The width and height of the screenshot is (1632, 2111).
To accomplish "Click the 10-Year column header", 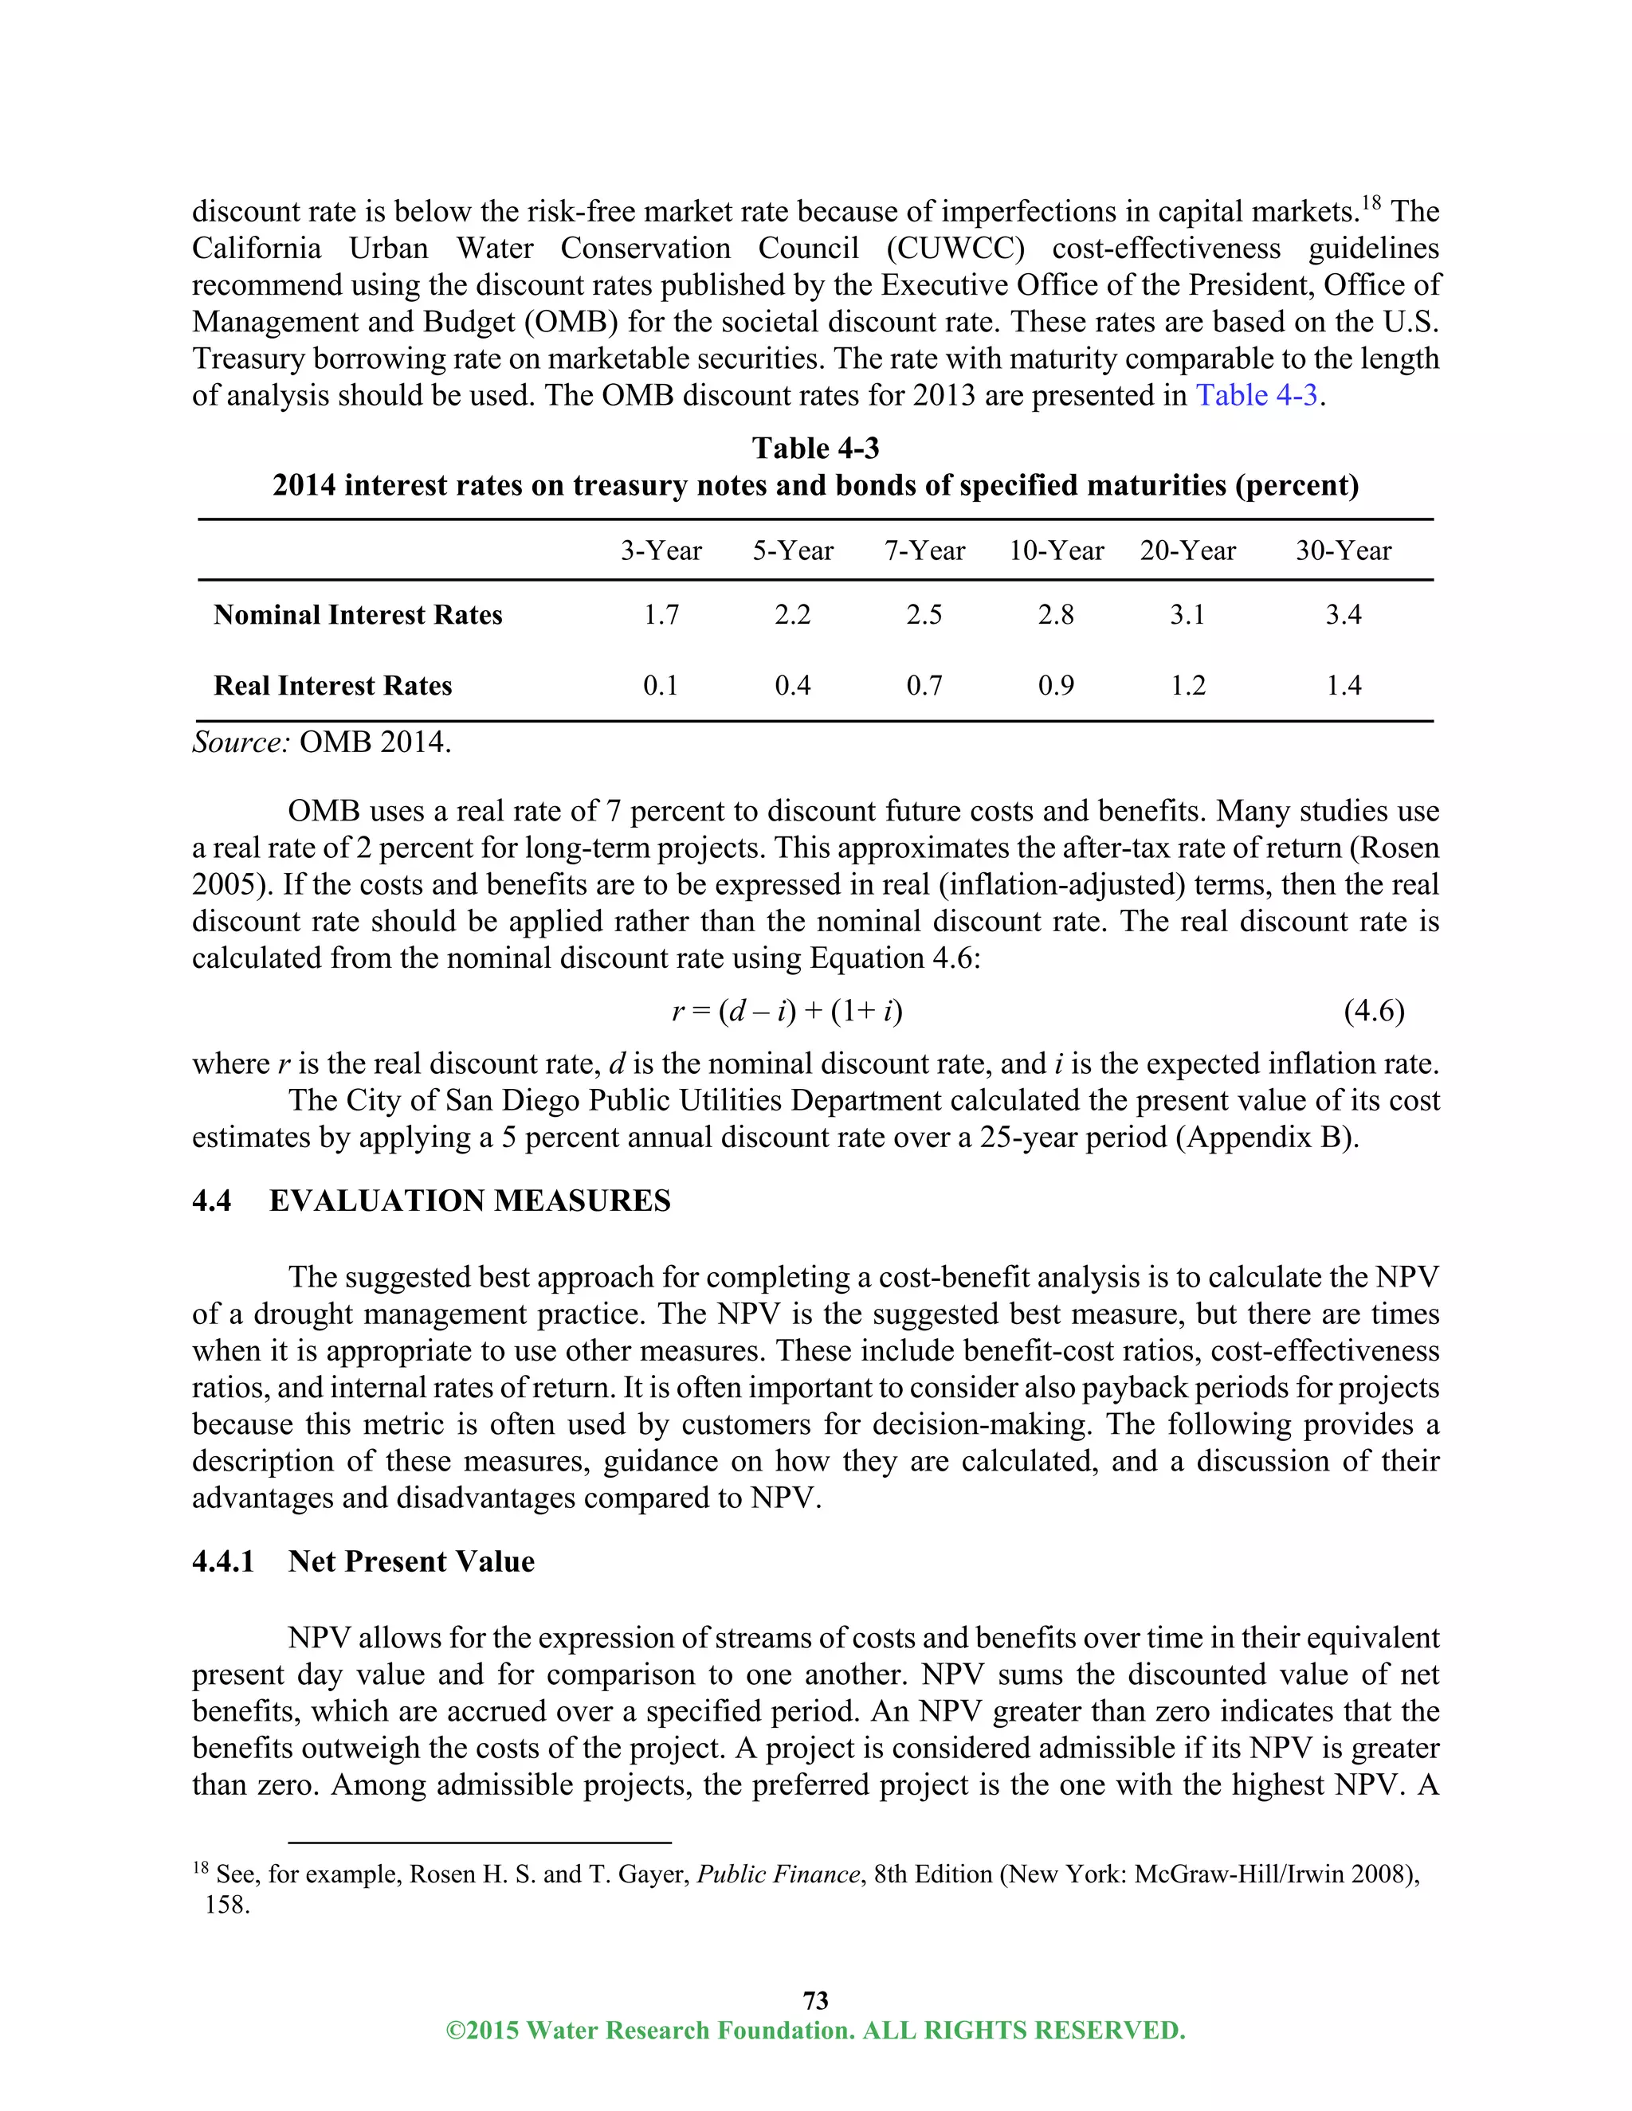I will click(1056, 551).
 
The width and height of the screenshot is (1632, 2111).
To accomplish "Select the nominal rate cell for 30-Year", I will click(1343, 615).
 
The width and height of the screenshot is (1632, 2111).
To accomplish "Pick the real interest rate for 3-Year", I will click(661, 685).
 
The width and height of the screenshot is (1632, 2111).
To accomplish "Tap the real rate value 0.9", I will click(1056, 685).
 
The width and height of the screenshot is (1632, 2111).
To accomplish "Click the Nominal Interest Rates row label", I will click(358, 615).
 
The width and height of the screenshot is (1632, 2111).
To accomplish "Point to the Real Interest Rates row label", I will click(332, 685).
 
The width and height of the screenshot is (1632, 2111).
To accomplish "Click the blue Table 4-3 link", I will click(1256, 395).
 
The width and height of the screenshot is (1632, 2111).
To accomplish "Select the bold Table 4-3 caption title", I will click(815, 448).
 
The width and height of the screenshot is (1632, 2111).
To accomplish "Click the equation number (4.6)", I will click(1374, 1011).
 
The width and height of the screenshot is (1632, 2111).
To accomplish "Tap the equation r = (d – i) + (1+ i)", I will click(787, 1011).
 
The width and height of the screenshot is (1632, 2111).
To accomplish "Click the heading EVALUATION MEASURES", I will click(470, 1200).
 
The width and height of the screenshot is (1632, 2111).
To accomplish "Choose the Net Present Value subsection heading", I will click(411, 1561).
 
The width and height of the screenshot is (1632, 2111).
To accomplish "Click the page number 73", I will click(815, 1999).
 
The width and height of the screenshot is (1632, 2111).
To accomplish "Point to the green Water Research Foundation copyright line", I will click(815, 2030).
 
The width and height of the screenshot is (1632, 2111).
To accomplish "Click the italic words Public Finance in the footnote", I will click(779, 1874).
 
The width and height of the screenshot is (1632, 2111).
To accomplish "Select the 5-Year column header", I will click(793, 551).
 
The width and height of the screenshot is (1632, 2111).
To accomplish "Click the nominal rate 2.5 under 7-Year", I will click(924, 615).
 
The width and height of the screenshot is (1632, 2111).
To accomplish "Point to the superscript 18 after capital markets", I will click(1371, 203).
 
